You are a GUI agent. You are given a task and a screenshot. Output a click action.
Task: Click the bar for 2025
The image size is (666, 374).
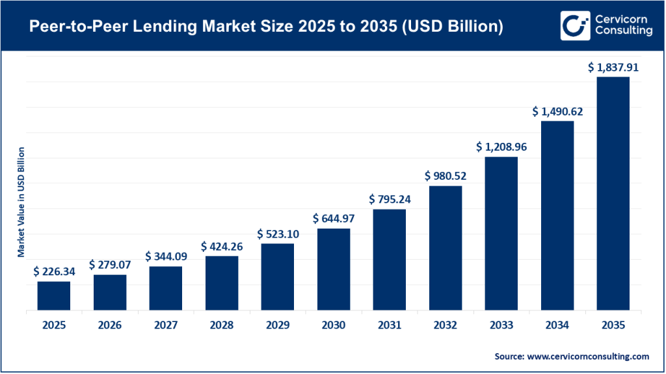53,295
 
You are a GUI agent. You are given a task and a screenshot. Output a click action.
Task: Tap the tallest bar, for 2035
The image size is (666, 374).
613,193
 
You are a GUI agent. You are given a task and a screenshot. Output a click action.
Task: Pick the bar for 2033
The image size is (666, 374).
501,234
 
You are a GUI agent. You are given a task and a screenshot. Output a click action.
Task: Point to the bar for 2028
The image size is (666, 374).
222,283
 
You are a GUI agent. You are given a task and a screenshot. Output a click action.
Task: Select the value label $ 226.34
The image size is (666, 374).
53,271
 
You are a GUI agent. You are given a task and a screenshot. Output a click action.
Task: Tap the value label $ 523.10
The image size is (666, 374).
278,233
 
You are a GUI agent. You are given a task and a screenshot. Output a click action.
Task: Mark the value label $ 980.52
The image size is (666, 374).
446,175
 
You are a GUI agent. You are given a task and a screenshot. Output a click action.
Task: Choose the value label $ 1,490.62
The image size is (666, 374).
557,111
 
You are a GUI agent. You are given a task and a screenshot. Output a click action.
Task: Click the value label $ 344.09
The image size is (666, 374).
166,256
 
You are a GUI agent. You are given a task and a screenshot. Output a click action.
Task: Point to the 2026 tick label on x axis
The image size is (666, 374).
109,325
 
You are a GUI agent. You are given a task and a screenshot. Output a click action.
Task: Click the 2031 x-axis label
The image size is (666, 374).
390,325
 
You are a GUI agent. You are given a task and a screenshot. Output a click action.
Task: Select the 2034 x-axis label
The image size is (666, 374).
557,325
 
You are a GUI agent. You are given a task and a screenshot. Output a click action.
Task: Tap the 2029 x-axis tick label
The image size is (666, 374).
278,325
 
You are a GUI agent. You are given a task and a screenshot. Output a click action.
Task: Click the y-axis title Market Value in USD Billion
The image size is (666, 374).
21,202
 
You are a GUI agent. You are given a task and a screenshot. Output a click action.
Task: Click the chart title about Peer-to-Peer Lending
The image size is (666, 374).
256,27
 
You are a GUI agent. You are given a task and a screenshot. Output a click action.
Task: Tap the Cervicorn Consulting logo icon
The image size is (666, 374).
574,25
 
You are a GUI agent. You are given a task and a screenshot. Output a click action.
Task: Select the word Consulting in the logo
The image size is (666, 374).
621,32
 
